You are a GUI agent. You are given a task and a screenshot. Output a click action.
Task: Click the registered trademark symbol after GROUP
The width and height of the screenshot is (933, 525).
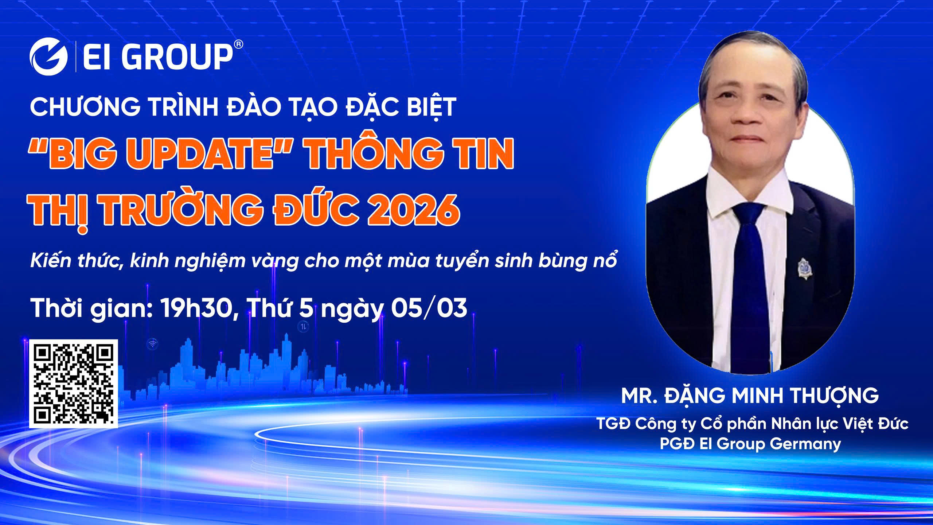click(238, 44)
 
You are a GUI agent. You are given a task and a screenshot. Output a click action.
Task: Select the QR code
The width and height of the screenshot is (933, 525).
click(74, 384)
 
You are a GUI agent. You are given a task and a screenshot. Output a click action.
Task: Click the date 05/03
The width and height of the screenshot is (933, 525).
click(429, 308)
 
